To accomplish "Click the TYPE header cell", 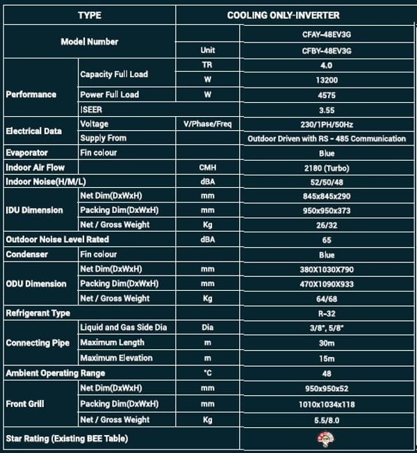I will pyautogui.click(x=89, y=15).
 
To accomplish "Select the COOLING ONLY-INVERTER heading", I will pyautogui.click(x=293, y=15).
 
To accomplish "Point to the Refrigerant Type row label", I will pyautogui.click(x=38, y=313).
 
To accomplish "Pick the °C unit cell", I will pyautogui.click(x=206, y=373).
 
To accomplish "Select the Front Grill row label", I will pyautogui.click(x=26, y=404).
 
